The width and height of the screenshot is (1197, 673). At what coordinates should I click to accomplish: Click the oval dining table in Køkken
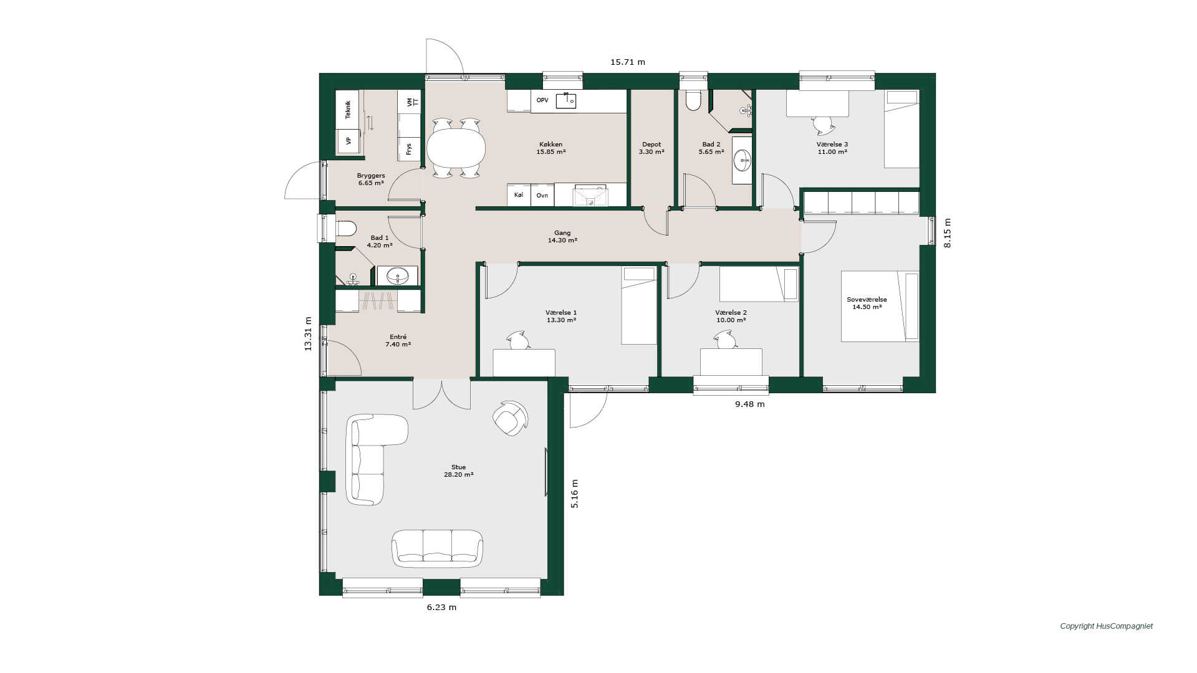(x=456, y=148)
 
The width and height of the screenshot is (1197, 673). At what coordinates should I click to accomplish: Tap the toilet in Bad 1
(x=345, y=229)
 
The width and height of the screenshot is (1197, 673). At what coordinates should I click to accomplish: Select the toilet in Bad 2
(x=694, y=101)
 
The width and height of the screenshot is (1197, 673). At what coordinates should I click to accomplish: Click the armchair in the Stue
(x=510, y=418)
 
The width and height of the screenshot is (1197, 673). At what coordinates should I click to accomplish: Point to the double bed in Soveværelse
(x=880, y=306)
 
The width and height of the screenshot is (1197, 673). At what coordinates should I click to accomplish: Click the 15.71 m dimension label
(x=628, y=62)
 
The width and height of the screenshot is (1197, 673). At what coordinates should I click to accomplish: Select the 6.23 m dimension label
(x=441, y=607)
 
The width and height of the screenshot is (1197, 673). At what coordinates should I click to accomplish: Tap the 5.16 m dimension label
(x=575, y=494)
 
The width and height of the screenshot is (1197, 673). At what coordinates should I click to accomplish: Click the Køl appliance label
(x=519, y=195)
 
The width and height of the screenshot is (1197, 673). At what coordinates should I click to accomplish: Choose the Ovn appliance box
(x=542, y=195)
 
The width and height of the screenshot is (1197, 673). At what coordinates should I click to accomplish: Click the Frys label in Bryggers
(x=409, y=149)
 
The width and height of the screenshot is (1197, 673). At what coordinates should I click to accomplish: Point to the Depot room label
(x=651, y=145)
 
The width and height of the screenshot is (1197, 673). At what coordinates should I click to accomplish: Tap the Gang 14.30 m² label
(x=562, y=236)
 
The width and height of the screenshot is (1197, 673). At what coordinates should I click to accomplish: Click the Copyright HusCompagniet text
(x=1107, y=626)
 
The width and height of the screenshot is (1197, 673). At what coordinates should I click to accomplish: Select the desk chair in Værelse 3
(x=824, y=125)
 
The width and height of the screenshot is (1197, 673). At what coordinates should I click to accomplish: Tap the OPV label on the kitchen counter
(x=542, y=100)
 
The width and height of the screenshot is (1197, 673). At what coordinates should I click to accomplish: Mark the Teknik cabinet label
(x=348, y=109)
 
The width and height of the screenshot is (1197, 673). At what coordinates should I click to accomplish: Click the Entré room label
(x=398, y=340)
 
